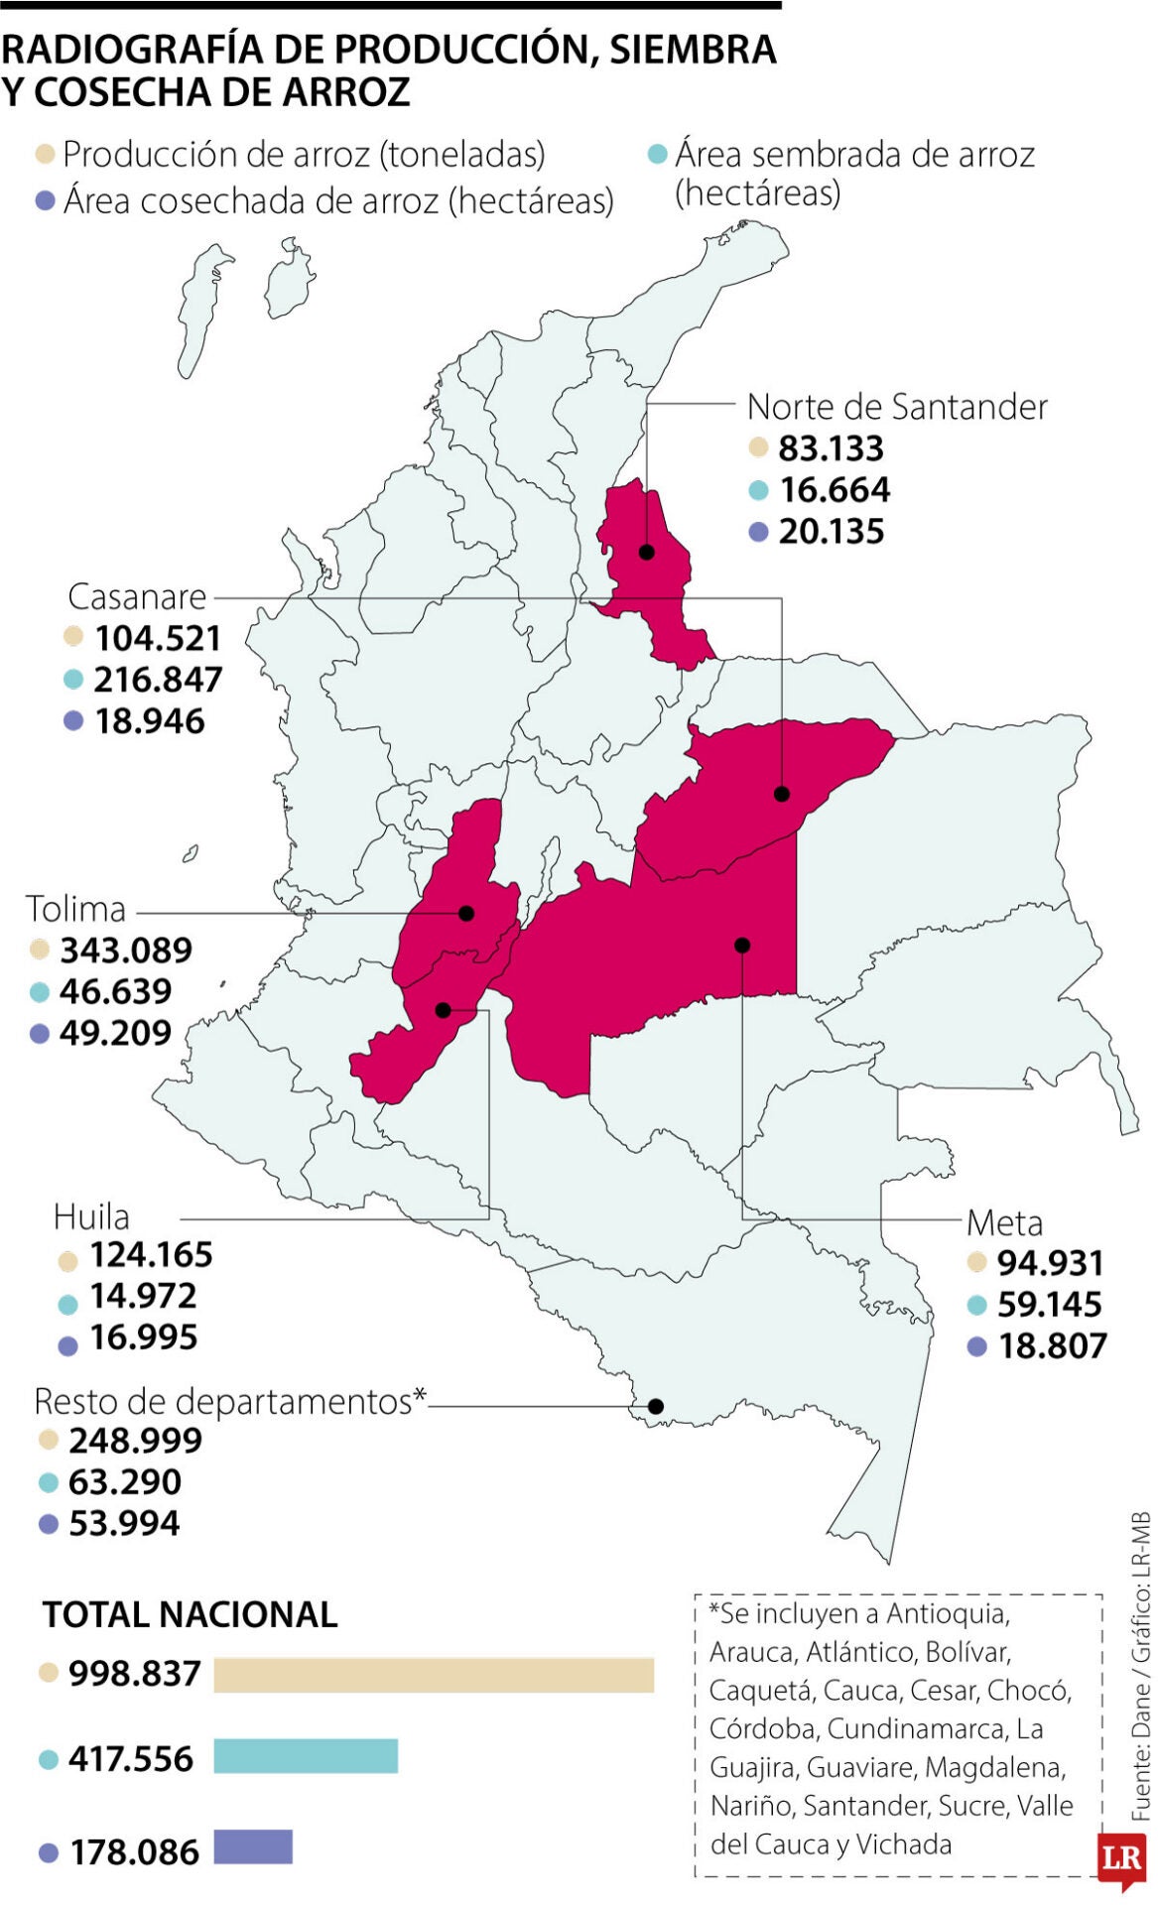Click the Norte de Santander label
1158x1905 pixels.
coord(896,407)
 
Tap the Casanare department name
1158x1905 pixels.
coord(137,596)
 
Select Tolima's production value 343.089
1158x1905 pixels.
coord(126,951)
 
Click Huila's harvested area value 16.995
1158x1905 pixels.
coord(144,1337)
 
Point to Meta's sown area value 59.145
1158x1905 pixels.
coord(1049,1304)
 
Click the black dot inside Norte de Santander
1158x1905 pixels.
coord(647,553)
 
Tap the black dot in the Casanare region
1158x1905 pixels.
coord(782,794)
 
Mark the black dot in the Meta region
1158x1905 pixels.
coord(742,946)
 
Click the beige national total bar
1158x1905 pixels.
coord(434,1675)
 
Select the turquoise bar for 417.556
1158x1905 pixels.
coord(306,1756)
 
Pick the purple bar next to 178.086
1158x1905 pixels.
coord(253,1846)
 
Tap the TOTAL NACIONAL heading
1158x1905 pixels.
coord(190,1614)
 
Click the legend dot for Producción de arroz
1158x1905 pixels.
coord(45,154)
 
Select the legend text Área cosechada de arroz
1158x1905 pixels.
coord(337,201)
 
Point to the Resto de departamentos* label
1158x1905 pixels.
coord(229,1401)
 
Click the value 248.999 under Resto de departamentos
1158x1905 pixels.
coord(135,1440)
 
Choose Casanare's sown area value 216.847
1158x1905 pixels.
coord(158,680)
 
